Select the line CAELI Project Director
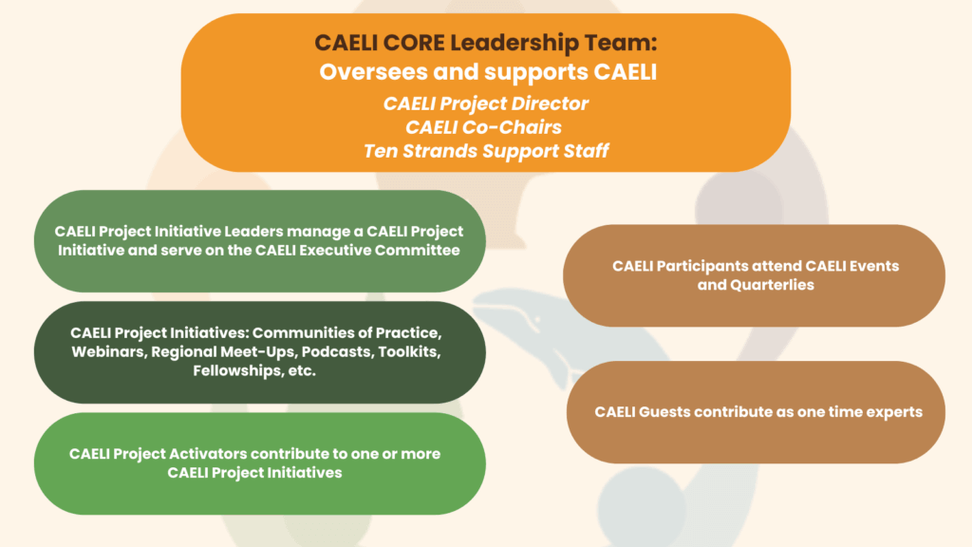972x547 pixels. coord(485,104)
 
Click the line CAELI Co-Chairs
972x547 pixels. coord(483,127)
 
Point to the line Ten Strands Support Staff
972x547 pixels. coord(486,151)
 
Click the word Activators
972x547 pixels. coord(208,454)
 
